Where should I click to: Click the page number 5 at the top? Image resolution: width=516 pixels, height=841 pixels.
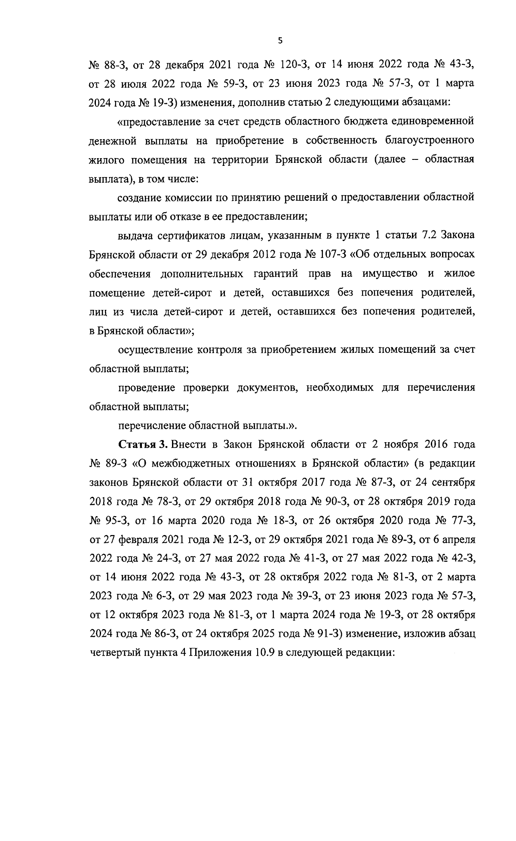click(x=280, y=41)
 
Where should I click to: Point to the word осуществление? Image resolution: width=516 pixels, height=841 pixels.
click(x=154, y=349)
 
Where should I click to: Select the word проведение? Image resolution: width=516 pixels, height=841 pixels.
click(x=146, y=387)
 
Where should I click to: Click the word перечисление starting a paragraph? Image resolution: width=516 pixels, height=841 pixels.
click(x=150, y=425)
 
